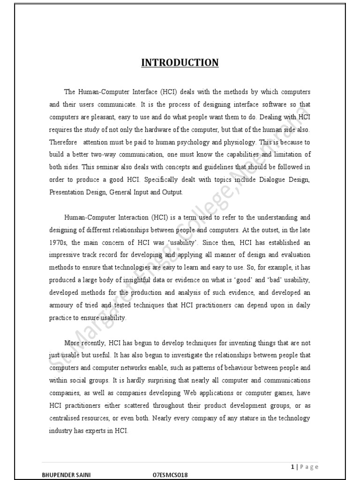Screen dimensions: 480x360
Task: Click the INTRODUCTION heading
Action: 180,62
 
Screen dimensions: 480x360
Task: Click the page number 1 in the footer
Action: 292,466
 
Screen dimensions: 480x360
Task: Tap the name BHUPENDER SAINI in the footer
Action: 66,475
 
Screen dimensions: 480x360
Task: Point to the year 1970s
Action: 59,243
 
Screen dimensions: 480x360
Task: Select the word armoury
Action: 62,305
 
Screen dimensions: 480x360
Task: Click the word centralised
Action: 66,418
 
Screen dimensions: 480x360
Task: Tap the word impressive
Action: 65,255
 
